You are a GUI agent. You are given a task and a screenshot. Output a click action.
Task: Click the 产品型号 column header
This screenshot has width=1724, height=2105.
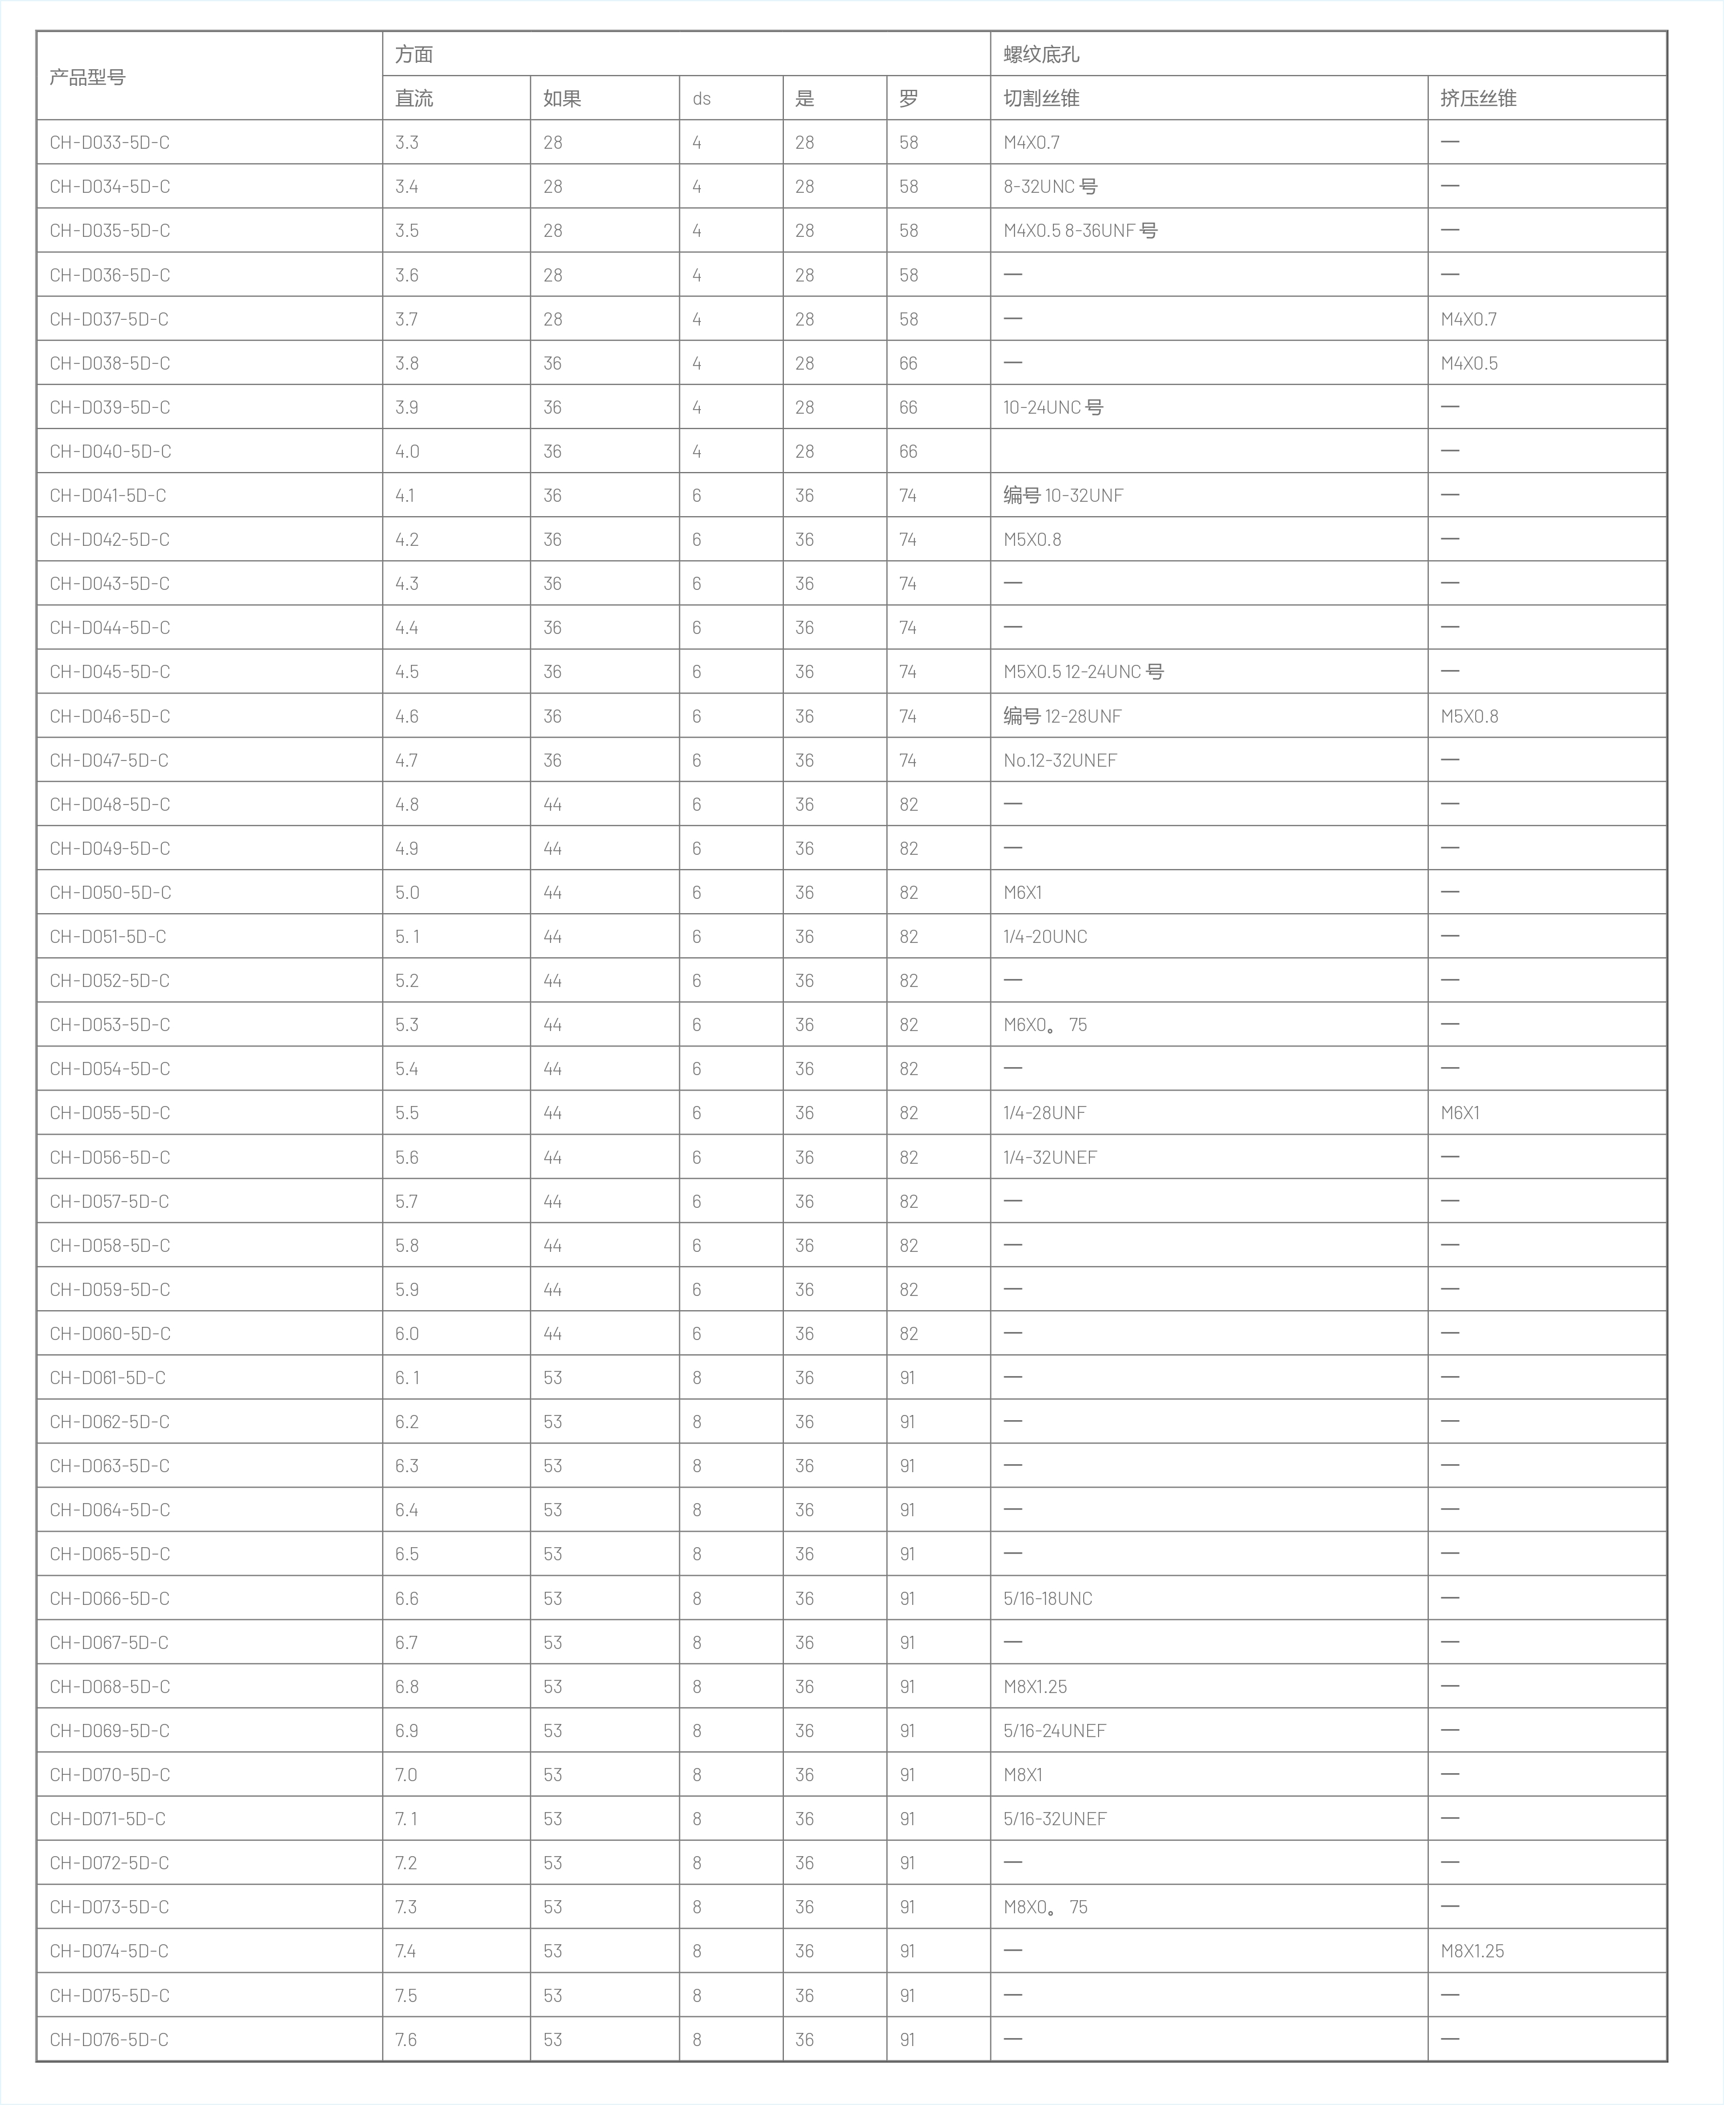[88, 77]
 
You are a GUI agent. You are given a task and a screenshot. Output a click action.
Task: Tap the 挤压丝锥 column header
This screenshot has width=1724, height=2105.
[1478, 98]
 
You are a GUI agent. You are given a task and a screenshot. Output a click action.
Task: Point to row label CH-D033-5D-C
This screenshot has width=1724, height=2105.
[109, 142]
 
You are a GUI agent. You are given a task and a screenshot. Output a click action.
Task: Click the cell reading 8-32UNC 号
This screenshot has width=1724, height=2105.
[1050, 187]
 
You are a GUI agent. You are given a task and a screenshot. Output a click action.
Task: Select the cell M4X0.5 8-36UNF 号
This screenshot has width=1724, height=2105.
[1080, 231]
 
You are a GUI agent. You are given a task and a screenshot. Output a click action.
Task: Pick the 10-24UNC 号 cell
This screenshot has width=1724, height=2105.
[1053, 407]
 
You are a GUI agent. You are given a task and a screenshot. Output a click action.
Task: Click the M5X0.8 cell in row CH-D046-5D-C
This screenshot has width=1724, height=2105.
[1469, 716]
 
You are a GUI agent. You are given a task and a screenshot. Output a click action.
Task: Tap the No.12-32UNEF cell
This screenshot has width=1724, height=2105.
[1060, 760]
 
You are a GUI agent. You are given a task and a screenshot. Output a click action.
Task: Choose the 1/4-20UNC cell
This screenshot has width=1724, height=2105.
[1045, 936]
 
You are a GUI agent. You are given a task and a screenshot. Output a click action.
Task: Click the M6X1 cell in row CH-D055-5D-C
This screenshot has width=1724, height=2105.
[1460, 1113]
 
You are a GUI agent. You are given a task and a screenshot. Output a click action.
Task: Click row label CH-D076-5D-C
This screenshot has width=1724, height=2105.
[109, 2039]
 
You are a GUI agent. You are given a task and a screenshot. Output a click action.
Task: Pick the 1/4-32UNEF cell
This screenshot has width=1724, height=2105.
[1050, 1157]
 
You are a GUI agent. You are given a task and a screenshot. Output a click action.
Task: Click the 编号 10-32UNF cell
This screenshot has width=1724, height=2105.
[1063, 495]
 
